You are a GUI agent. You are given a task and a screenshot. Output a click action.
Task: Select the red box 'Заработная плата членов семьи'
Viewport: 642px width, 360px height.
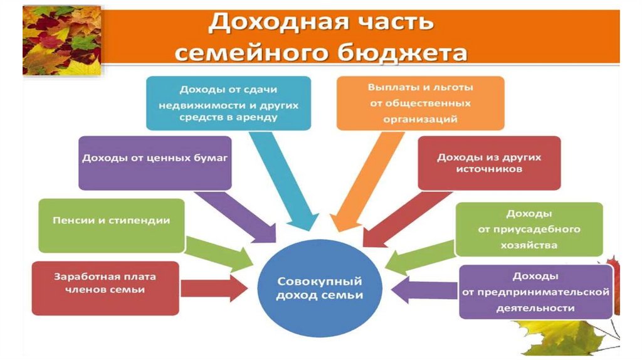click(x=105, y=288)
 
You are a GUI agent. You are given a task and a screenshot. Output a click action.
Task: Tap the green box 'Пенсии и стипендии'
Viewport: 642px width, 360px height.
click(x=112, y=225)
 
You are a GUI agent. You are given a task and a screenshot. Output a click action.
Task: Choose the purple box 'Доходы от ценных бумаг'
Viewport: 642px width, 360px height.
click(x=155, y=162)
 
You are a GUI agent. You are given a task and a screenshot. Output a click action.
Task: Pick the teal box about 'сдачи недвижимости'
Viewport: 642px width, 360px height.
click(x=229, y=103)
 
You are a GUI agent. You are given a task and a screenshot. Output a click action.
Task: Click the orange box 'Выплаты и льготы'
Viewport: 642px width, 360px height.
click(x=420, y=103)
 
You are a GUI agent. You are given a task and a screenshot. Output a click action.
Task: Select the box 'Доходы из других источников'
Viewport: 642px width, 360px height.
click(x=489, y=162)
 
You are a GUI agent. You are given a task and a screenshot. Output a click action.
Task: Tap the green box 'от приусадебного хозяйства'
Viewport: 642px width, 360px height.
click(x=529, y=229)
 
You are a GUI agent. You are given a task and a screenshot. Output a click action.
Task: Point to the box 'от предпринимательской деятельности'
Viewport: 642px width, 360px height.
click(x=535, y=292)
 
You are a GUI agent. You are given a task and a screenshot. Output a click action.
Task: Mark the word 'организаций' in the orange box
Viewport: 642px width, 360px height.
click(x=420, y=118)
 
